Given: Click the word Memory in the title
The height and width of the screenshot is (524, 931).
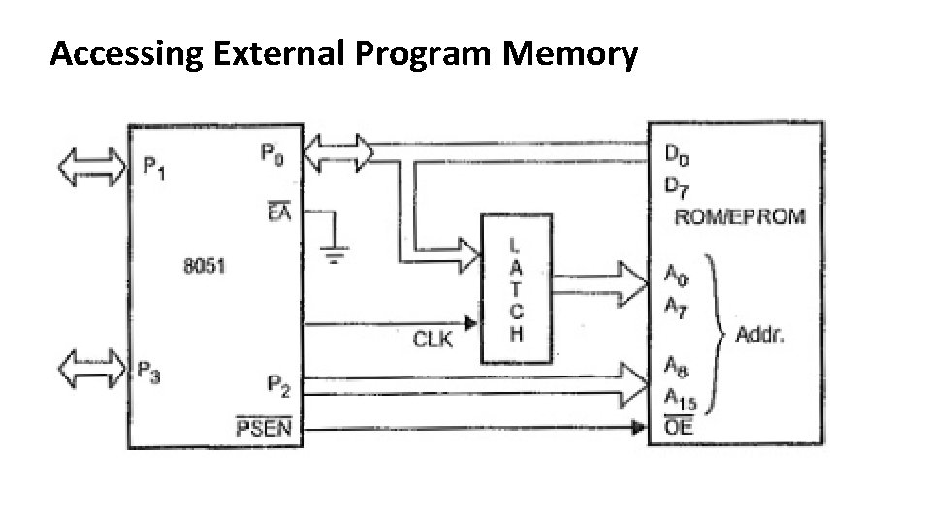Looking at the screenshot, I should [x=571, y=56].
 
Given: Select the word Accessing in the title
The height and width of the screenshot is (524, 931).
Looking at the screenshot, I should [x=126, y=56].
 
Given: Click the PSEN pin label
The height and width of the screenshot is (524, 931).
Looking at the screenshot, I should [x=263, y=427].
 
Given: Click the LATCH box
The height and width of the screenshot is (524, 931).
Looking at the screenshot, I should [x=516, y=288].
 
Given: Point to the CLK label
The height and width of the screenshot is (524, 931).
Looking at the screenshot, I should [x=433, y=340].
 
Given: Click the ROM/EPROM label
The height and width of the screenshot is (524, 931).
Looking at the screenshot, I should [x=739, y=215].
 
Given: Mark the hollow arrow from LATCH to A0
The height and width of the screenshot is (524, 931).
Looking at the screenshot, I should [x=599, y=281].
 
